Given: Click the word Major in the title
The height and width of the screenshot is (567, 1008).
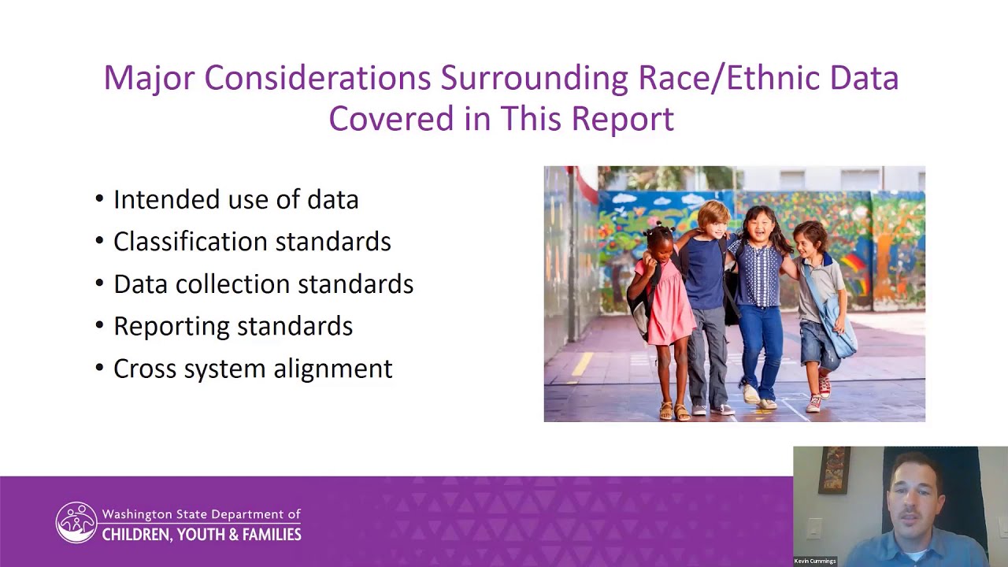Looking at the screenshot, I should pos(148,78).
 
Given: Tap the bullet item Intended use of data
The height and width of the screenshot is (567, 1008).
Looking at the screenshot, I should pos(235,199).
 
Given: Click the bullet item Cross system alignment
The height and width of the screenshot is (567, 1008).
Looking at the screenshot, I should pos(252,369).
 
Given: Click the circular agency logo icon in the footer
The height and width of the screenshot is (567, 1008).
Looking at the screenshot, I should pos(76,523).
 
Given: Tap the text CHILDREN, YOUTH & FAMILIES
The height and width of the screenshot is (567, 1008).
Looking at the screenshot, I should pos(202,535).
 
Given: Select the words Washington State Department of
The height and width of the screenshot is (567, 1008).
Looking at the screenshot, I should pos(202,514).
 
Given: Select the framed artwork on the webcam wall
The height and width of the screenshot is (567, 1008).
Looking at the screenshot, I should pos(834,470).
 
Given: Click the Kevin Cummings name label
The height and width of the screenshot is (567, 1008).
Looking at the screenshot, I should pos(815,561).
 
